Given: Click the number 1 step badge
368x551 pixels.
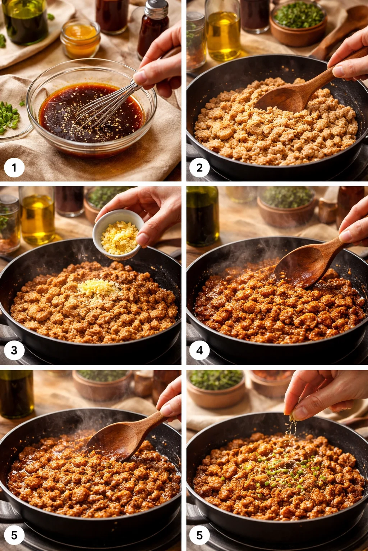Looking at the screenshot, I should click(14, 168).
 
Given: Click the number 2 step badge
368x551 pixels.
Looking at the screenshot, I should click(199, 168).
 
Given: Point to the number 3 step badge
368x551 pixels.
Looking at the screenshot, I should click(14, 350).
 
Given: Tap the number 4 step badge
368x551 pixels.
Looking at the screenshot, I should click(199, 350).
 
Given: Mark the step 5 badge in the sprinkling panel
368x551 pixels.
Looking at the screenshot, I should click(199, 535).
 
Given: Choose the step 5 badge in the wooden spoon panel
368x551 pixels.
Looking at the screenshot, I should click(14, 535).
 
